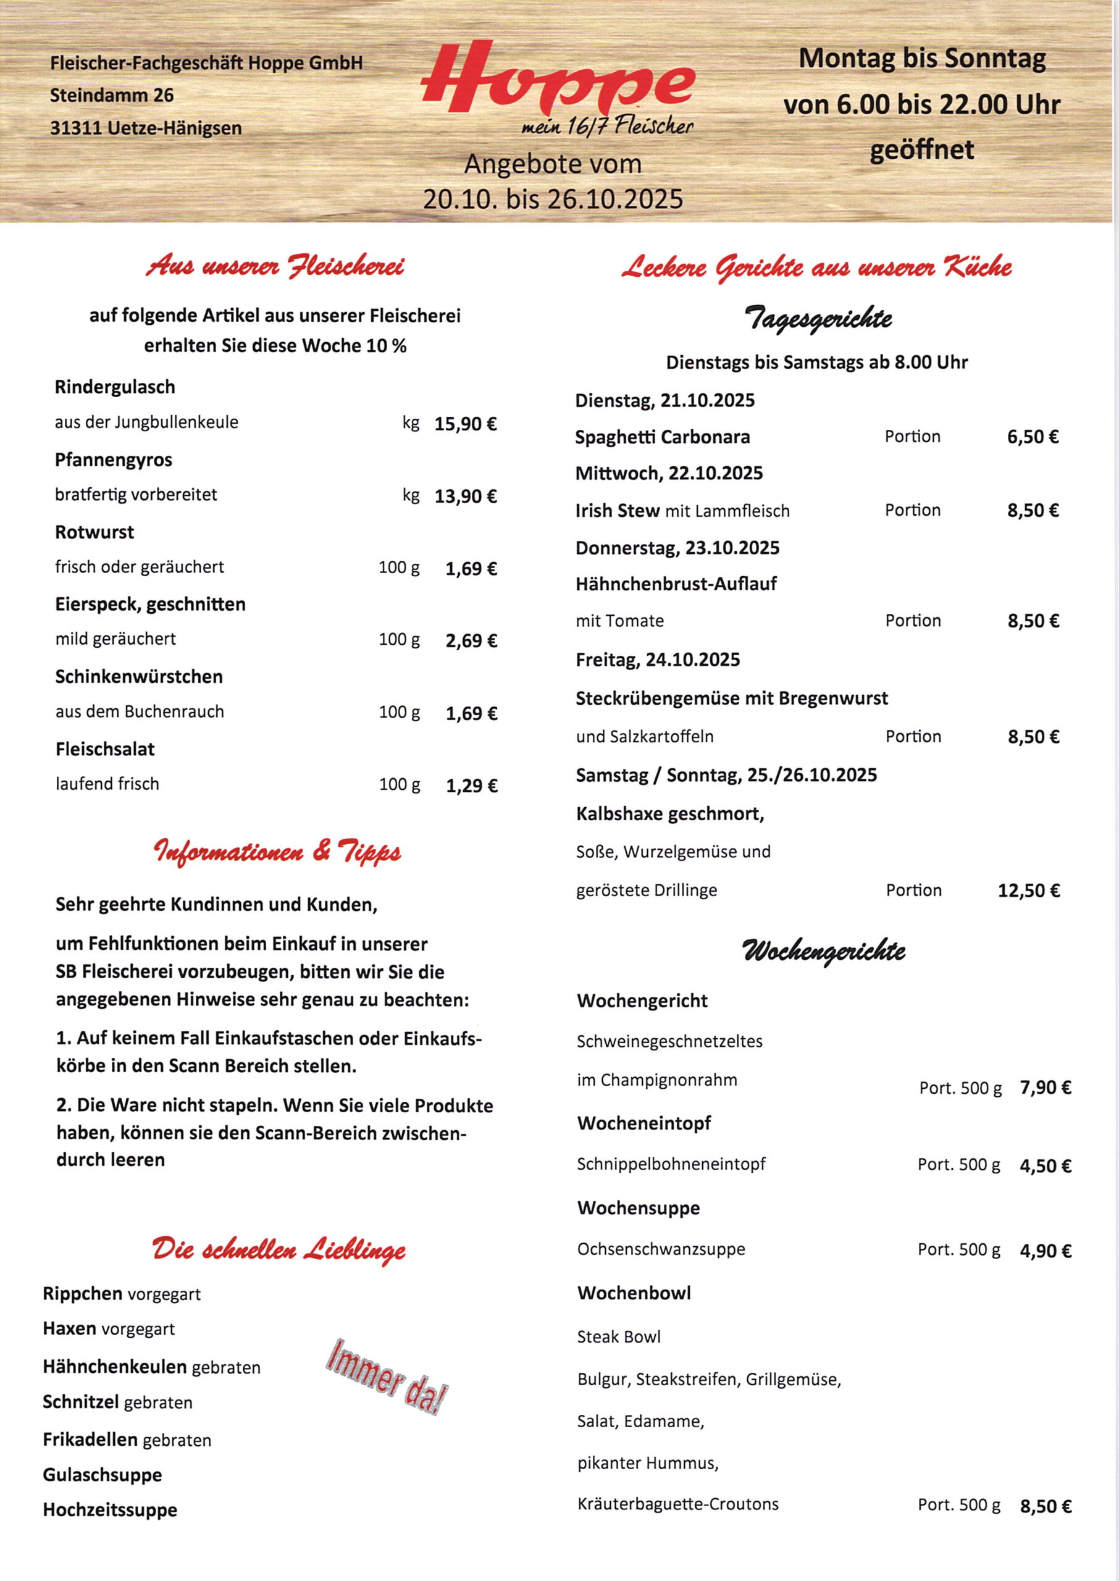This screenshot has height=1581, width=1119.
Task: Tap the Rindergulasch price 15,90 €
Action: pos(465,424)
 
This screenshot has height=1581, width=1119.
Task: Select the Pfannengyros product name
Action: pos(114,459)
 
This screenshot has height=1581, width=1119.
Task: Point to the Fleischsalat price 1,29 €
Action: pos(471,786)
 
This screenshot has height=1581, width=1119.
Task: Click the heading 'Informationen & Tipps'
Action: pos(277,853)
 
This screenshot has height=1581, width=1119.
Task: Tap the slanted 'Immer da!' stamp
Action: pos(387,1378)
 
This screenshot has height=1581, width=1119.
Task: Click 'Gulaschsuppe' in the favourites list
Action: pos(103,1475)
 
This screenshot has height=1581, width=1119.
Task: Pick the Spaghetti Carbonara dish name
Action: pos(662,437)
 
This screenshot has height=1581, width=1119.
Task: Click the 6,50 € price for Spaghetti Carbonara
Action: pos(1032,437)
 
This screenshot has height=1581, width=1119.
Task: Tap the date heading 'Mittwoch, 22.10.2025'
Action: pos(669,473)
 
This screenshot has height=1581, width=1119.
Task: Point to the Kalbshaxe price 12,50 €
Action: pos(1028,891)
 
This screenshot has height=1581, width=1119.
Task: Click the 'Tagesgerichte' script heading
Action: pos(817,319)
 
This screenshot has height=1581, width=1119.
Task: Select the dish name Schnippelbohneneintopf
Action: pos(671,1164)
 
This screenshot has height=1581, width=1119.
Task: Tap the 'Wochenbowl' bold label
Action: pos(634,1293)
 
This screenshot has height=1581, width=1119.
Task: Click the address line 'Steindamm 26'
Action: pos(112,95)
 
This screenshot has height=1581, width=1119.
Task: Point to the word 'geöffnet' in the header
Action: pos(921,150)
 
